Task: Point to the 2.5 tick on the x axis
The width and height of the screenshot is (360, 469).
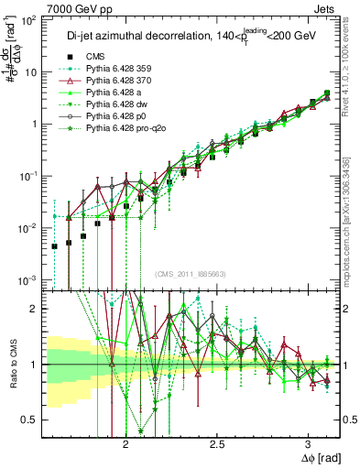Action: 217,442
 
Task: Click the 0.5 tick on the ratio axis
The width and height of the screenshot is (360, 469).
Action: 33,420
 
